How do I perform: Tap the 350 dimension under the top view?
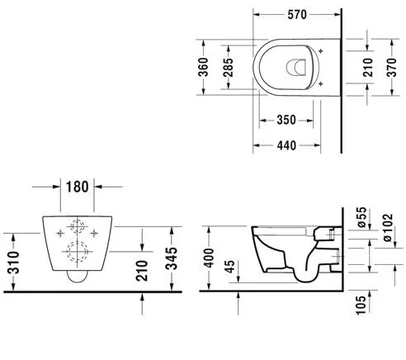285,121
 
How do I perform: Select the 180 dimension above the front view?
78,186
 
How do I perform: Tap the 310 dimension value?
12,263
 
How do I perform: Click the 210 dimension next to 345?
143,268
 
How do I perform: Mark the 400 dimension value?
210,258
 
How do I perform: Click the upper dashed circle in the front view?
78,227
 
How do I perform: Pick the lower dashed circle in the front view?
78,253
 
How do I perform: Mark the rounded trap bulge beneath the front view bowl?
78,277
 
